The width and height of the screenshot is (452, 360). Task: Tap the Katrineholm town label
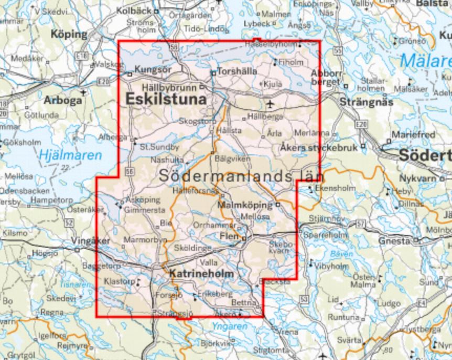(x=201, y=274)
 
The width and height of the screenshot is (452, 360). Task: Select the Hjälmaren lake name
(x=62, y=155)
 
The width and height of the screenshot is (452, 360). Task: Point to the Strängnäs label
(x=366, y=101)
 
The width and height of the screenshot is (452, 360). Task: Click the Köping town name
(x=69, y=35)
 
